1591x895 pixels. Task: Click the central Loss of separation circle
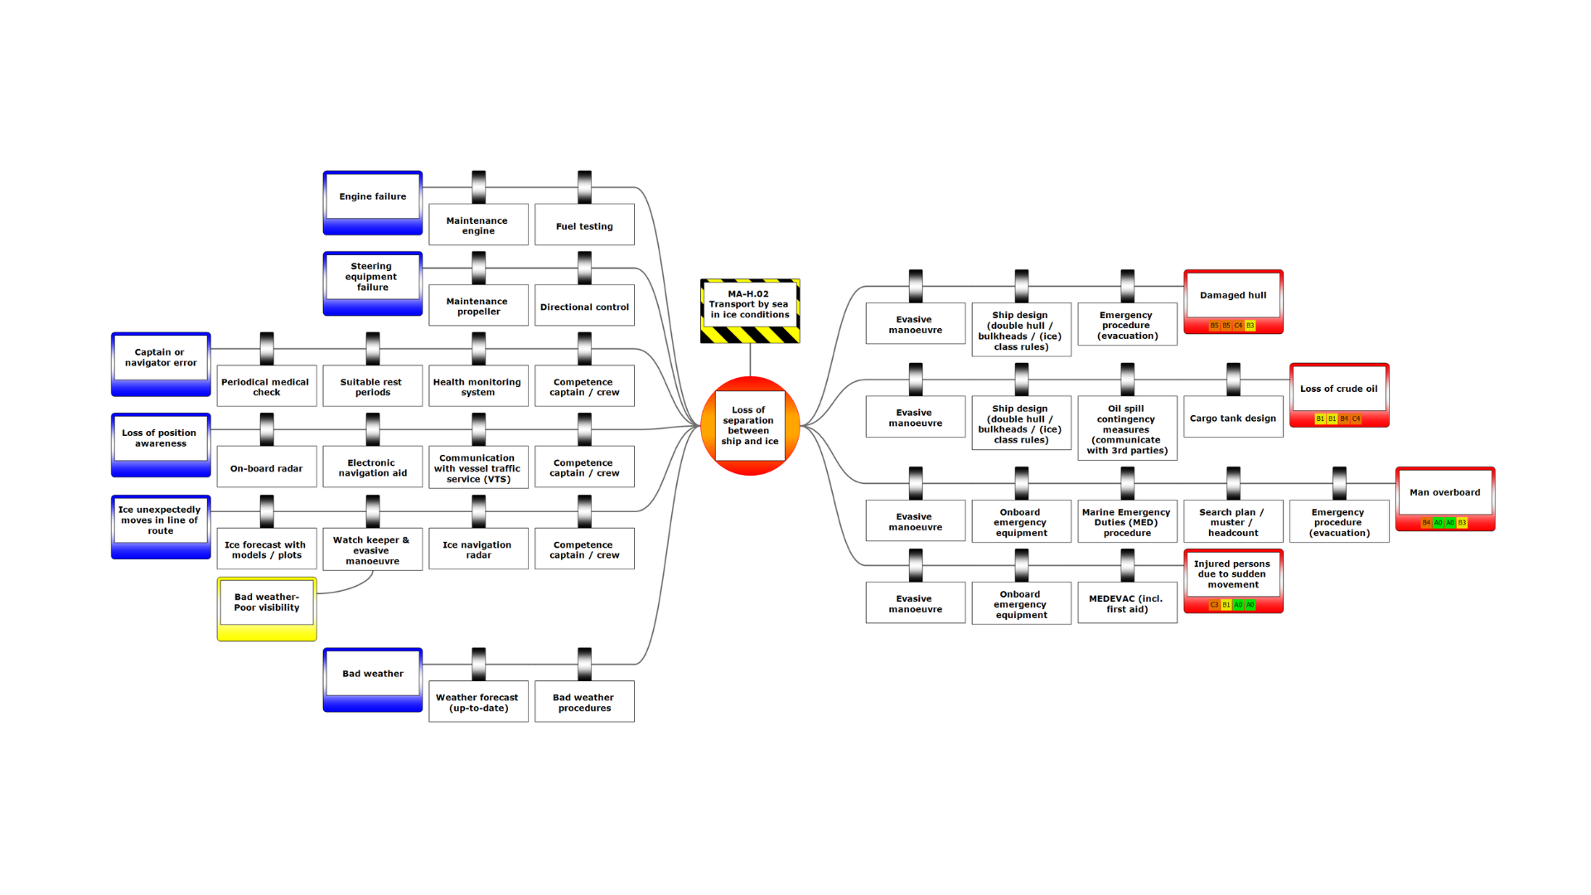pyautogui.click(x=749, y=426)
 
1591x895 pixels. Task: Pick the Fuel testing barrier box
pyautogui.click(x=584, y=226)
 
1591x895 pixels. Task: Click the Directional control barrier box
pyautogui.click(x=584, y=307)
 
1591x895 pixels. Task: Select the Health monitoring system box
pyautogui.click(x=478, y=387)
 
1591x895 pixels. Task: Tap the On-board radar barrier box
pyautogui.click(x=266, y=468)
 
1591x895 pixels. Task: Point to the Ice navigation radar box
pyautogui.click(x=478, y=549)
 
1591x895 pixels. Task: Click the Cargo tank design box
pyautogui.click(x=1233, y=418)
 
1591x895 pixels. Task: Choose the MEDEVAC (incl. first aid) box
pyautogui.click(x=1127, y=603)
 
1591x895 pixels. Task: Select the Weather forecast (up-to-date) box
pyautogui.click(x=478, y=703)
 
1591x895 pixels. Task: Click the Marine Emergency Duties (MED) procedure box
pyautogui.click(x=1127, y=522)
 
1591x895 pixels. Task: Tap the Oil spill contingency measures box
pyautogui.click(x=1127, y=429)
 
